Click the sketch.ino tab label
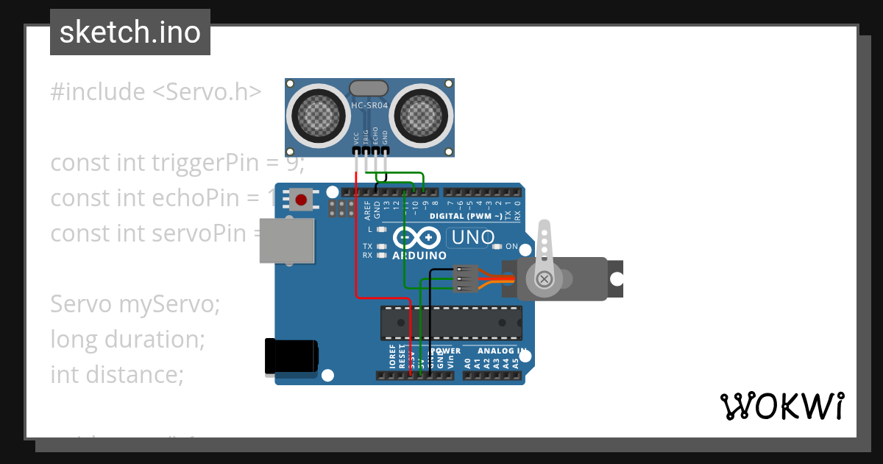(x=130, y=32)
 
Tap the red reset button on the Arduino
(x=300, y=199)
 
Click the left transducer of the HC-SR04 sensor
(x=319, y=114)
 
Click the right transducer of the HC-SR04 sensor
(x=419, y=114)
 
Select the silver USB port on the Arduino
(x=286, y=240)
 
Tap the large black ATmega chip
(x=451, y=323)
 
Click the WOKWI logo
(x=781, y=406)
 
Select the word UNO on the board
(x=472, y=238)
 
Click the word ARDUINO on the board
(x=419, y=256)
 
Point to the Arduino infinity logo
(x=418, y=238)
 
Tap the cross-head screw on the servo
(x=545, y=278)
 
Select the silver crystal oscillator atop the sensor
(x=369, y=89)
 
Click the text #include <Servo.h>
(x=155, y=92)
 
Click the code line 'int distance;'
(x=116, y=374)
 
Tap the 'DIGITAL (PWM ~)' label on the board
(x=466, y=216)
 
